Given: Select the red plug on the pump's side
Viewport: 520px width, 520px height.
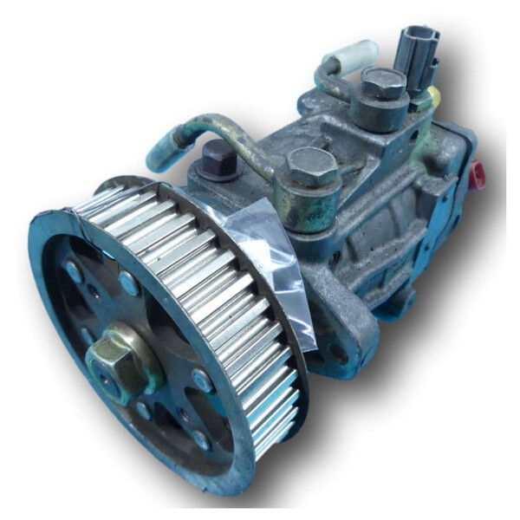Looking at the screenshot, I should (x=476, y=172).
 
